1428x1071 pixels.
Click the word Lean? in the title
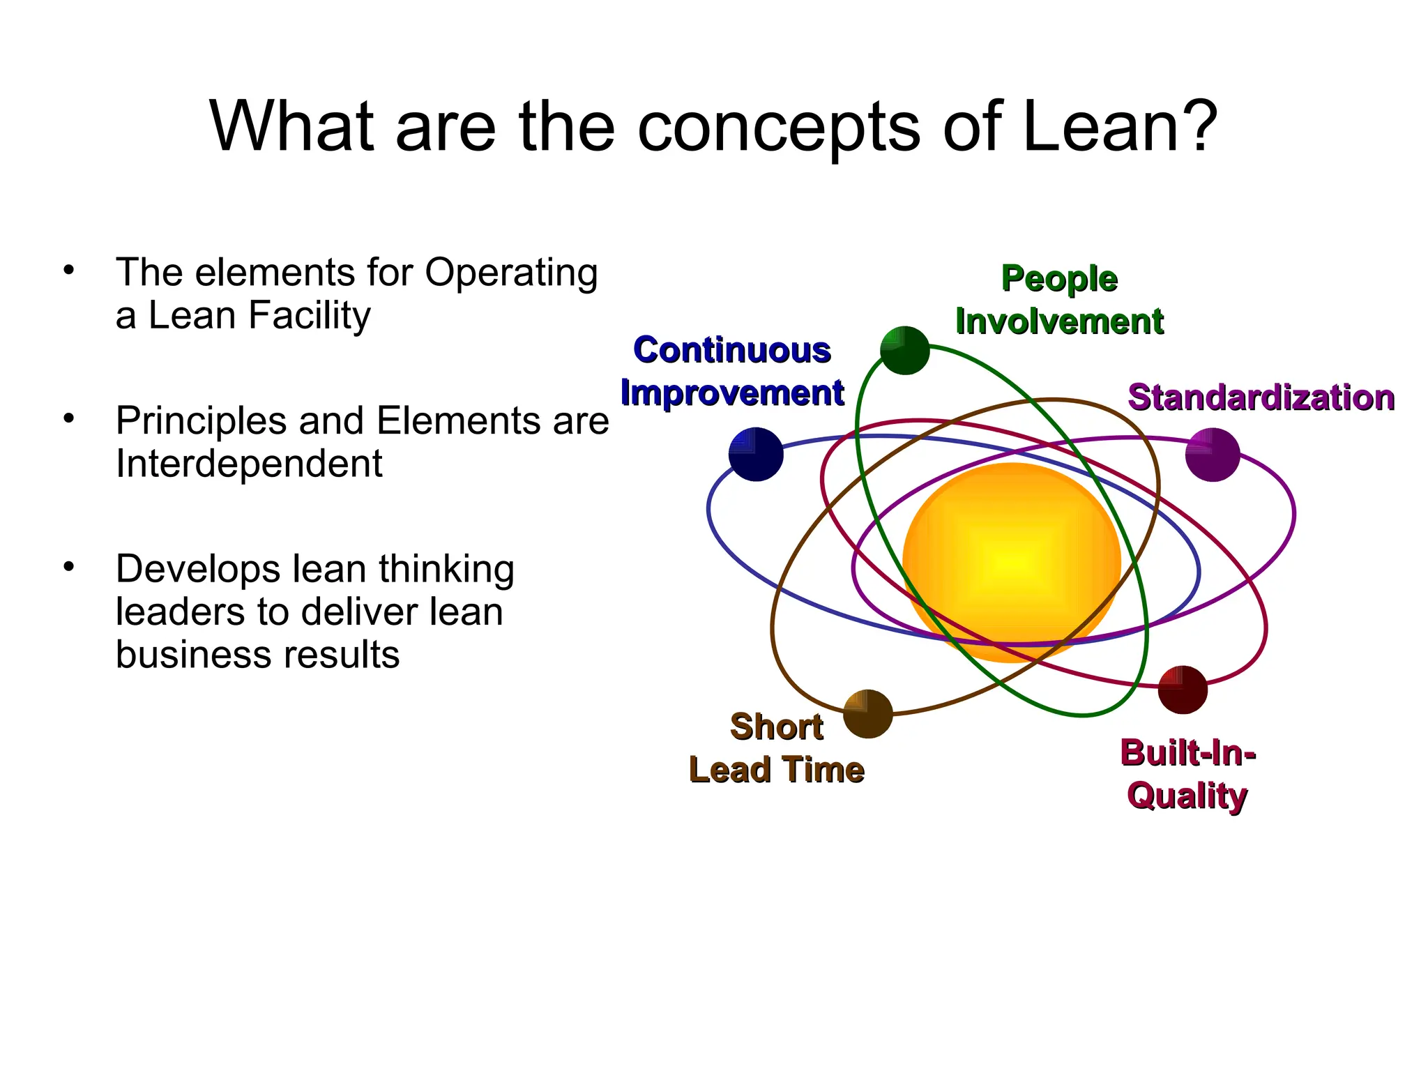coord(1120,127)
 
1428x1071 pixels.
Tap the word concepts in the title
coord(779,128)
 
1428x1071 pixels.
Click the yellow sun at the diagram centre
coord(1011,562)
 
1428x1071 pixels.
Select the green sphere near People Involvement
coord(905,351)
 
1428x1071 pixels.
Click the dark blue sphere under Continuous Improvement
coord(756,455)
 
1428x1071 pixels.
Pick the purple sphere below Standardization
coord(1213,455)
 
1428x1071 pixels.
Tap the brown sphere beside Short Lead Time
coord(868,714)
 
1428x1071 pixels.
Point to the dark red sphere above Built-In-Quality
coord(1183,690)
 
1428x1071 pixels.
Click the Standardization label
coord(1261,397)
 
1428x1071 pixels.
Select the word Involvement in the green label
coord(1059,321)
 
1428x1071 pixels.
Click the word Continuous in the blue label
coord(732,350)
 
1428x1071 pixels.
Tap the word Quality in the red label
coord(1187,796)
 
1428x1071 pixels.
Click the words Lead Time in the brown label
coord(777,770)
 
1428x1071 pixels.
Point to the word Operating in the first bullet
coord(511,273)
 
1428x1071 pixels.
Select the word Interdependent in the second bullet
coord(249,464)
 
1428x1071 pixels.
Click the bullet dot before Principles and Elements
coord(68,418)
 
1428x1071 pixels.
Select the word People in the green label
coord(1059,278)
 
